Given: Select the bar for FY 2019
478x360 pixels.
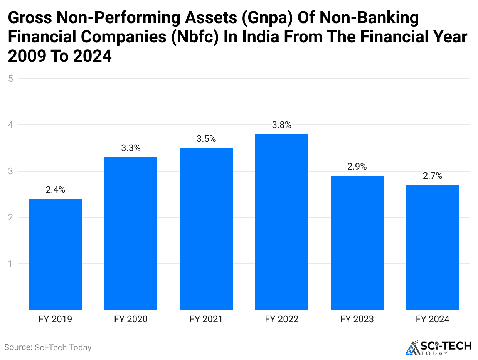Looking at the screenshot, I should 55,254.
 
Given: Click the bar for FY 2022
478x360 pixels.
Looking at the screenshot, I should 281,222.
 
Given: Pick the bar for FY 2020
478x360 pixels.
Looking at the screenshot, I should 131,234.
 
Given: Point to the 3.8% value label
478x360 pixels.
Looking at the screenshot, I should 281,125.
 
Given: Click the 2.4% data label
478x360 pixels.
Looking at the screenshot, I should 55,190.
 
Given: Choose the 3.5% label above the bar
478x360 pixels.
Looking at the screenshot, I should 206,139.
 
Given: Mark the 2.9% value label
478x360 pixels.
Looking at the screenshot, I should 357,167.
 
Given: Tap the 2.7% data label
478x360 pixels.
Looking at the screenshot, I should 433,176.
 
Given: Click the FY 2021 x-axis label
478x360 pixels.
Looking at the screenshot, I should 206,319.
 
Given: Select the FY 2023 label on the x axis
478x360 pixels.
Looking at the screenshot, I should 357,319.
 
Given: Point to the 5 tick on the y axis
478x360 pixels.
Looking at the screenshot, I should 11,79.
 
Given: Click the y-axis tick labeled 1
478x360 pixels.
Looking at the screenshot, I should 11,264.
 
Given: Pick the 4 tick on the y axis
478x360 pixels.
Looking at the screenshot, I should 11,125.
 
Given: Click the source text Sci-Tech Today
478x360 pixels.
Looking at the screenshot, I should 48,347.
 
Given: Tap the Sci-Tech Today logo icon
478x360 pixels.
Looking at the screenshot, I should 413,348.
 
